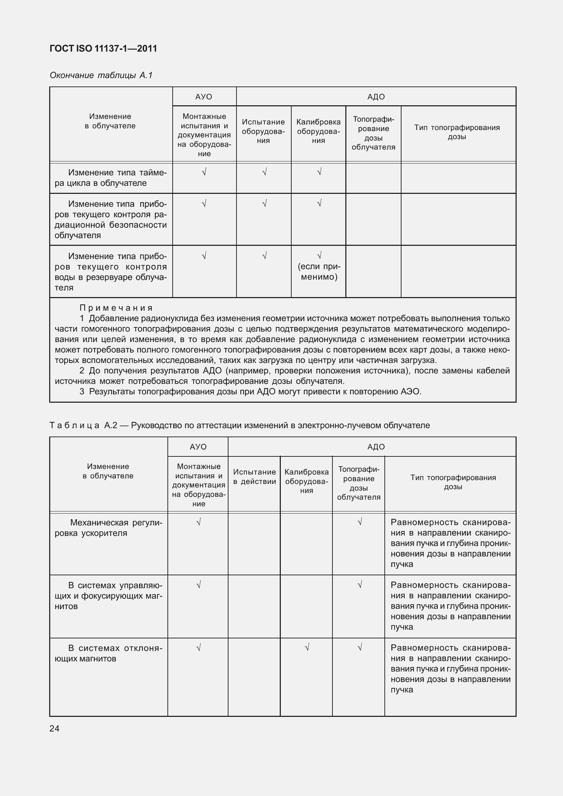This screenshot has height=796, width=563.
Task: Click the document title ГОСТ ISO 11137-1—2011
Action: coord(103,48)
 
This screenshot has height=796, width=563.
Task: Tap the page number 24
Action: coord(54,728)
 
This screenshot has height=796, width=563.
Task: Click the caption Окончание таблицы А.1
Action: coord(101,75)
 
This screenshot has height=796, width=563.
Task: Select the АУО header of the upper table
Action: coord(204,97)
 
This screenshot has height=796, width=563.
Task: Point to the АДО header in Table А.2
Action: coord(376,447)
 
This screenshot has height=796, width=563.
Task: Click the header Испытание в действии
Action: coord(254,477)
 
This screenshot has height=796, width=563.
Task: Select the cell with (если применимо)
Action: coord(319,272)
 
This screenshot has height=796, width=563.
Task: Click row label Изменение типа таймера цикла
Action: coord(111,178)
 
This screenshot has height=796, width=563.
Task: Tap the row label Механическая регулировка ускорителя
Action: coord(108,528)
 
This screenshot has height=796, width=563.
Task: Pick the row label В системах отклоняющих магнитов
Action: coord(108,653)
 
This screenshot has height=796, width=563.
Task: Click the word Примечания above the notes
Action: coord(116,308)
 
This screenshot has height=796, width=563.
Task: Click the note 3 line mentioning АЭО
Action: coord(250,392)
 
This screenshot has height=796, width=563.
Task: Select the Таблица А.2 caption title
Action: coord(240,425)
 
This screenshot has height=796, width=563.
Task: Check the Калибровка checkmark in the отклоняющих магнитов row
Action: coord(307,648)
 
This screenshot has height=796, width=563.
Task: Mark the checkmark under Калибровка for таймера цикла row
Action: coord(319,172)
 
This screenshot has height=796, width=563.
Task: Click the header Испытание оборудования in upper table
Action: coord(263,131)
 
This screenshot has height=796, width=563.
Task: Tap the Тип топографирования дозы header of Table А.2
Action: coord(453,482)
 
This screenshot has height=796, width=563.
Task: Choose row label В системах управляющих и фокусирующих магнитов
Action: coord(108,596)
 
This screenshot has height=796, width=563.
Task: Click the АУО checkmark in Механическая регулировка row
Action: coord(198,522)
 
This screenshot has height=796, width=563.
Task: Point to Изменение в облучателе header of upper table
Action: coord(110,121)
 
